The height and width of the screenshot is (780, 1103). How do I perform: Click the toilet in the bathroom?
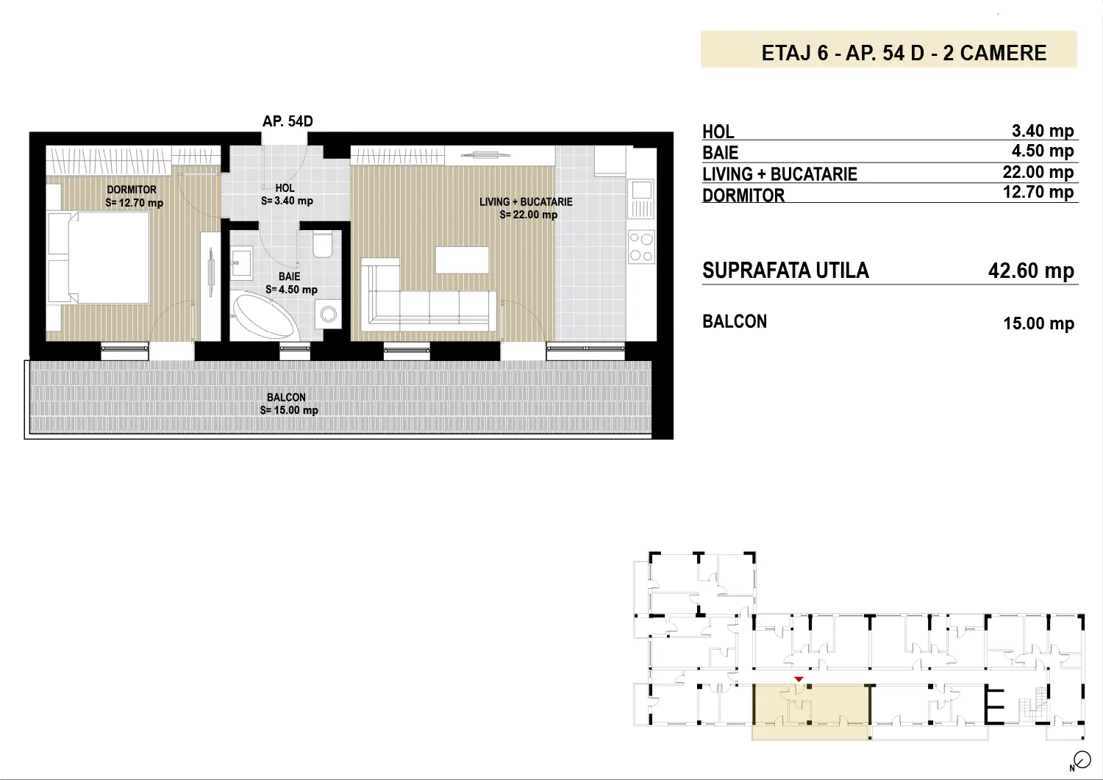[x=323, y=244]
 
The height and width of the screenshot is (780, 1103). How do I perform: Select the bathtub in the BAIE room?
[x=265, y=315]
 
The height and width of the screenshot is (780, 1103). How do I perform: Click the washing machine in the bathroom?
[x=328, y=314]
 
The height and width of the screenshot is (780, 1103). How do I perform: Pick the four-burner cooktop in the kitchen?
[x=641, y=247]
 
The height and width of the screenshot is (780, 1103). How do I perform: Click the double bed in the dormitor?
[x=99, y=257]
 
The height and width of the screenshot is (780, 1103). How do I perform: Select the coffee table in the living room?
[x=462, y=260]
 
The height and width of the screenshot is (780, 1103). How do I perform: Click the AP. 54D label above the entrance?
[x=288, y=121]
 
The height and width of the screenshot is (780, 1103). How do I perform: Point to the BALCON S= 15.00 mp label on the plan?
[x=288, y=404]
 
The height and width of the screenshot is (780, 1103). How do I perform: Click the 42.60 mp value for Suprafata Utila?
[x=1031, y=271]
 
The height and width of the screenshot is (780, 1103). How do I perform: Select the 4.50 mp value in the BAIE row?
[x=1043, y=151]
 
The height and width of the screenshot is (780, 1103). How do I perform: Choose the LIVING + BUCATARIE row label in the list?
[x=779, y=173]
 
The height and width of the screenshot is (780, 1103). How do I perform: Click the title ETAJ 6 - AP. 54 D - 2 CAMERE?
[x=904, y=53]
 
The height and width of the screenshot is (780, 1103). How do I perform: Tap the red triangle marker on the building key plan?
[x=799, y=679]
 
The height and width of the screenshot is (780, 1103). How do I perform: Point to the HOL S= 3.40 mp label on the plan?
[x=287, y=195]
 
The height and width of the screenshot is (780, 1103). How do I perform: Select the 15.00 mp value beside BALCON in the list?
[x=1038, y=323]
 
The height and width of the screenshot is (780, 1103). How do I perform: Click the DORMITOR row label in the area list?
[x=743, y=196]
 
